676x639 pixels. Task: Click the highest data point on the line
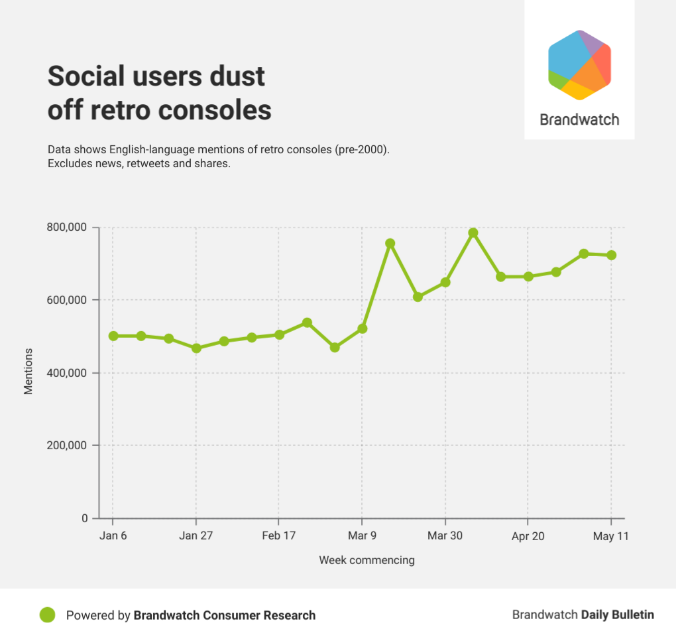pyautogui.click(x=473, y=233)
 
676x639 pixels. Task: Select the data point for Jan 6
pyautogui.click(x=113, y=336)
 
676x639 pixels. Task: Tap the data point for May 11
pyautogui.click(x=612, y=255)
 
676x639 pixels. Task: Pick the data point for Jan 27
pyautogui.click(x=196, y=348)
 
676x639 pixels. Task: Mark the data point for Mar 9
pyautogui.click(x=362, y=328)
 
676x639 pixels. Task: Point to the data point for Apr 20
pyautogui.click(x=528, y=276)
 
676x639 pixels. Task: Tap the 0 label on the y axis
pyautogui.click(x=84, y=518)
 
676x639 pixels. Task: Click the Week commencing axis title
pyautogui.click(x=366, y=560)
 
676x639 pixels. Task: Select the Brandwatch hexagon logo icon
pyautogui.click(x=579, y=64)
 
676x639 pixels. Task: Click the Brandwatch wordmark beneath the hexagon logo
pyautogui.click(x=579, y=120)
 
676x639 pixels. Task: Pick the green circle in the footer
pyautogui.click(x=47, y=615)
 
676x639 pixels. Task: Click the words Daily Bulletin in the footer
pyautogui.click(x=618, y=615)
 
